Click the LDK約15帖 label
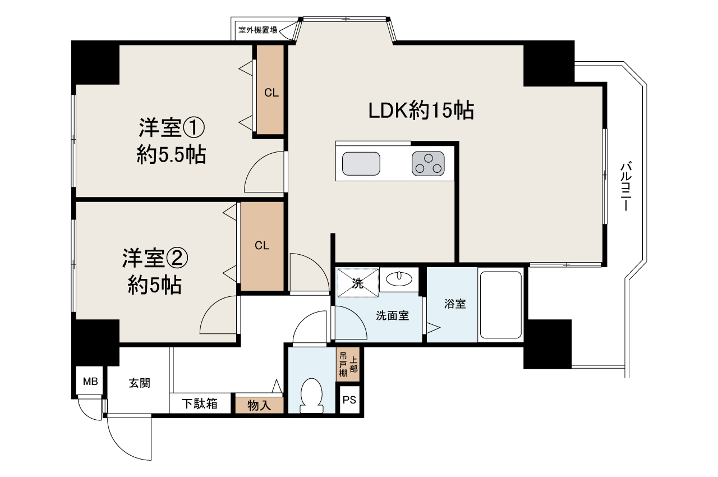(x=421, y=111)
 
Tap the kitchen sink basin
(x=361, y=164)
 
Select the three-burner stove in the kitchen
(x=428, y=164)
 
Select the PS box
(x=349, y=401)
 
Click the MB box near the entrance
(x=90, y=383)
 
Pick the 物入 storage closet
(x=259, y=405)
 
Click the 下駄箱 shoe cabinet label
(x=200, y=403)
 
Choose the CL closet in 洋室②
(x=262, y=245)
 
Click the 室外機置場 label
(x=257, y=30)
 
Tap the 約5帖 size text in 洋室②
(x=154, y=286)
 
